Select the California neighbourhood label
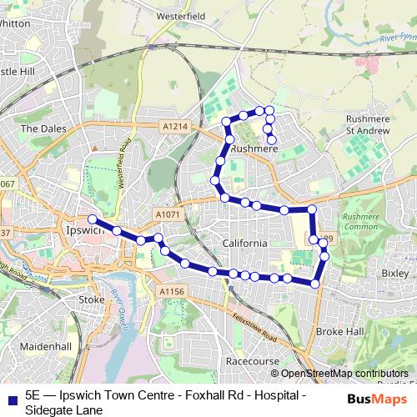[x=244, y=243]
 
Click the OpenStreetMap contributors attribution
[x=344, y=373]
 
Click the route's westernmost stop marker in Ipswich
[x=92, y=220]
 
